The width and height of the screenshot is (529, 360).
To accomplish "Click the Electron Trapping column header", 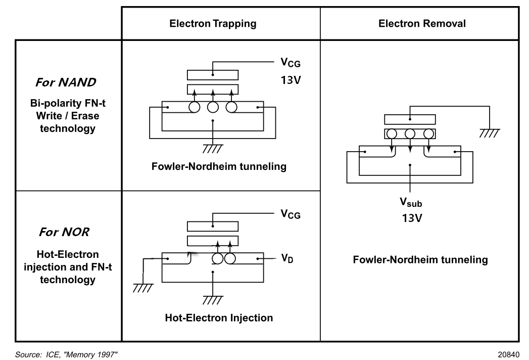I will click(x=213, y=23).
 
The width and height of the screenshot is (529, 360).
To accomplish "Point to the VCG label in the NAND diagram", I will click(x=291, y=64).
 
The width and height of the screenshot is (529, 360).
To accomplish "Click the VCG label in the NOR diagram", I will click(x=291, y=214).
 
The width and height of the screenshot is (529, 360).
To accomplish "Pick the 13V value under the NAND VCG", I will click(x=291, y=80).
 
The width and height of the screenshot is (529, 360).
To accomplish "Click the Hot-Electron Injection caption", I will click(x=219, y=318).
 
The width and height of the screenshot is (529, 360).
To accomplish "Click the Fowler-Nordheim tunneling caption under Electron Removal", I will click(x=420, y=260).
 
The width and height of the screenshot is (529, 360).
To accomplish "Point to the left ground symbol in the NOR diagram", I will click(x=143, y=288).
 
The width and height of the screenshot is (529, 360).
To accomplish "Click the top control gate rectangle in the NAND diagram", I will click(x=212, y=74).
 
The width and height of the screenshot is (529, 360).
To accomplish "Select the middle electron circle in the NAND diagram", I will click(x=213, y=107).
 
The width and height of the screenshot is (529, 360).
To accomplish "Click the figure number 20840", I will click(x=508, y=354).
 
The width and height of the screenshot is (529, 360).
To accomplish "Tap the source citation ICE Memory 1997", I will click(x=68, y=354).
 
